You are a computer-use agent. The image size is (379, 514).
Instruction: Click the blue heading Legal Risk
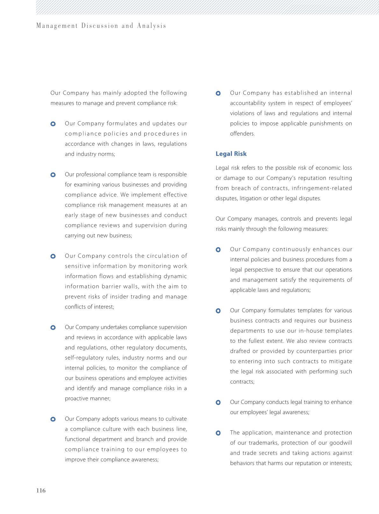coord(231,154)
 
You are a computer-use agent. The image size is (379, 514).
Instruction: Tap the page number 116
coord(41,490)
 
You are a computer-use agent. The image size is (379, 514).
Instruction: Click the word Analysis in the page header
coord(152,26)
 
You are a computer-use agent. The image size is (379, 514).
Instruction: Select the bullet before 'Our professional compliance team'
coord(53,174)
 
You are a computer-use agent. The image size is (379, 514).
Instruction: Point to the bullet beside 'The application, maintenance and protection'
coord(218,433)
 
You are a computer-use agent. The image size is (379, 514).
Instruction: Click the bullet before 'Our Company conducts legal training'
coord(218,402)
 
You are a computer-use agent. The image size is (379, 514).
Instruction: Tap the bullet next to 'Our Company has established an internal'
coord(218,93)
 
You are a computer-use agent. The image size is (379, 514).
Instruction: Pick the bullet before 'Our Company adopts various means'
coord(53,419)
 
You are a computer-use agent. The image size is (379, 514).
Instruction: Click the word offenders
coord(242,134)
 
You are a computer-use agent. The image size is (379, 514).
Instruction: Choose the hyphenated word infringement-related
coord(321,188)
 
